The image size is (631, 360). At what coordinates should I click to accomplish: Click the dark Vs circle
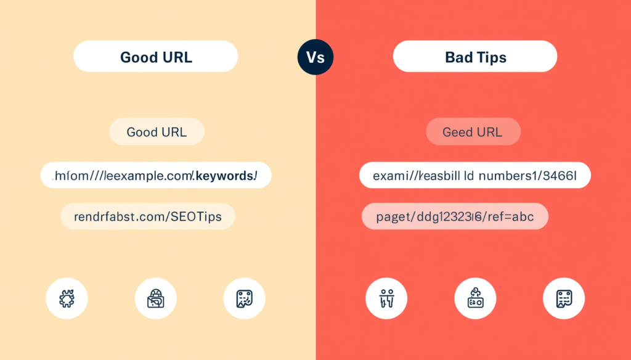click(315, 57)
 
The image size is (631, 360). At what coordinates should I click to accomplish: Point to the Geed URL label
click(473, 132)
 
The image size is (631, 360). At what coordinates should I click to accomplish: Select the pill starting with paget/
click(454, 216)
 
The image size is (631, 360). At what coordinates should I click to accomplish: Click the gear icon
click(67, 299)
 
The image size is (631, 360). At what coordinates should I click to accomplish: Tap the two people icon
click(386, 299)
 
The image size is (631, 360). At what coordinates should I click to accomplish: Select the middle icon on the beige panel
click(155, 299)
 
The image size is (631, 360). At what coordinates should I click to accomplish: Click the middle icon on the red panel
click(475, 299)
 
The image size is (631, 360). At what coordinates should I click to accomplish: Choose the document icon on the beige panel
click(244, 299)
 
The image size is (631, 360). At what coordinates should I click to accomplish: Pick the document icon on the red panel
click(563, 299)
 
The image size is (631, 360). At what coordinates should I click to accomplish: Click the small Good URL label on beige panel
click(157, 132)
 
